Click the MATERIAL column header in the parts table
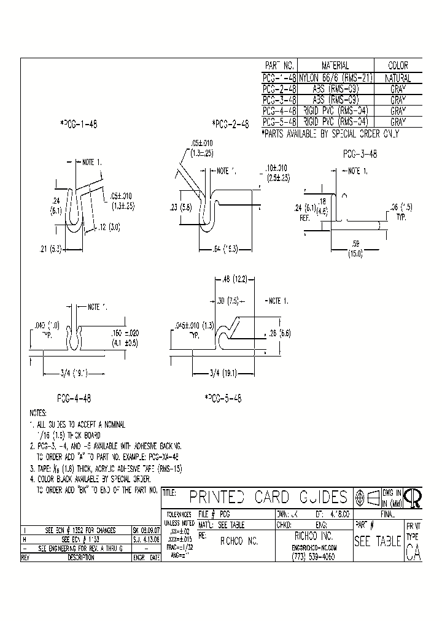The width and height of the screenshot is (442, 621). point(335,66)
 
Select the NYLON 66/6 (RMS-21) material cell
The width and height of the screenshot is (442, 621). point(335,78)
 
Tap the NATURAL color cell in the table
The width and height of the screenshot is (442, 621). point(398,79)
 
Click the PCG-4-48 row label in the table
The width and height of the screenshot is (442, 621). point(279,111)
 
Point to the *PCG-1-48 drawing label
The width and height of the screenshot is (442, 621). point(79,123)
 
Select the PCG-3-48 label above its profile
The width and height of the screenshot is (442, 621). point(360,155)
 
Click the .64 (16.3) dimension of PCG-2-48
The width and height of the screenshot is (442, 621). point(230,249)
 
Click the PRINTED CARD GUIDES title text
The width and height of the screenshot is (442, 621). point(268,497)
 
